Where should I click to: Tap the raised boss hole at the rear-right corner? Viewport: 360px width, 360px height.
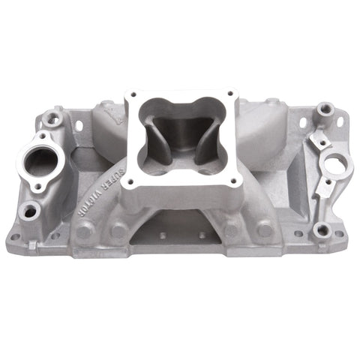click(326, 110)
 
